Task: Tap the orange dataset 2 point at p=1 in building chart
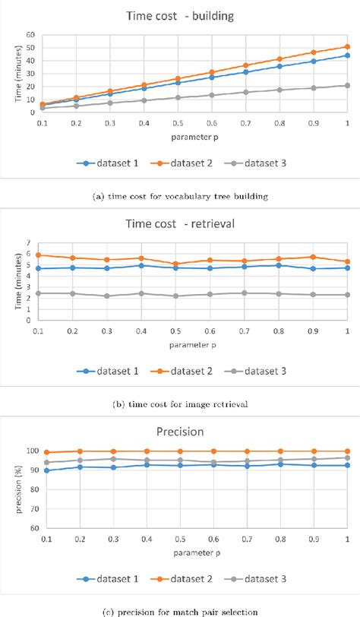pos(347,46)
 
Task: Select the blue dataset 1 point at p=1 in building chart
pos(347,55)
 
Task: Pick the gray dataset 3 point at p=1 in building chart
pos(347,85)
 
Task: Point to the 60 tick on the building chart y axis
pos(30,34)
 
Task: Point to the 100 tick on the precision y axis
pos(30,451)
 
